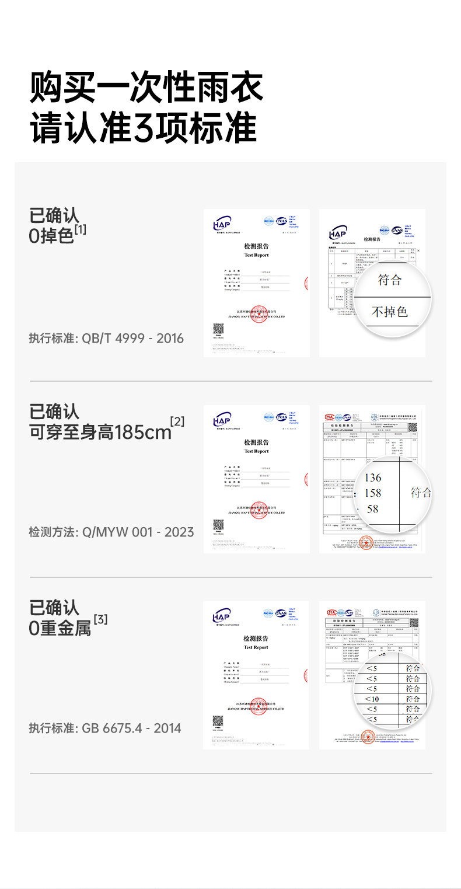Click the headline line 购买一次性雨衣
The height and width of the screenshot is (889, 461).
click(146, 88)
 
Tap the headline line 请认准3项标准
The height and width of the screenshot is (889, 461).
click(144, 128)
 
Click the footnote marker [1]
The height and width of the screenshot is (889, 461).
click(80, 229)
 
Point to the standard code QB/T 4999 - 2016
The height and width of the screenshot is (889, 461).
click(133, 338)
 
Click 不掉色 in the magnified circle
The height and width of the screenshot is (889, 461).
click(390, 312)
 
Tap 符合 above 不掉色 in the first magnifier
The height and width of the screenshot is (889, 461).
click(390, 280)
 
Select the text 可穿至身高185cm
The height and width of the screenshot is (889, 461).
click(100, 433)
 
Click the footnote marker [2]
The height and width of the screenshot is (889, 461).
click(177, 421)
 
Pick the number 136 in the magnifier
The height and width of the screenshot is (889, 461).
click(372, 478)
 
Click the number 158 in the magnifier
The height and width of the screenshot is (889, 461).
click(372, 493)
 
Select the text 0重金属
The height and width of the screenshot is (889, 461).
click(60, 629)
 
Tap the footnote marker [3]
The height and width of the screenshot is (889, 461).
click(100, 619)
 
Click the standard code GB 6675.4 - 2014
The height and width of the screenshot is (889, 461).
click(131, 728)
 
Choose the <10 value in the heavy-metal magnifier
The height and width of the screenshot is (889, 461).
click(372, 699)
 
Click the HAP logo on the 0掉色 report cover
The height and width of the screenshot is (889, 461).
click(222, 224)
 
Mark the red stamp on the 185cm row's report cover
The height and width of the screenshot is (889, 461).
click(259, 510)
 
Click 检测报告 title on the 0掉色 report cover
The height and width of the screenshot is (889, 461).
click(256, 247)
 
